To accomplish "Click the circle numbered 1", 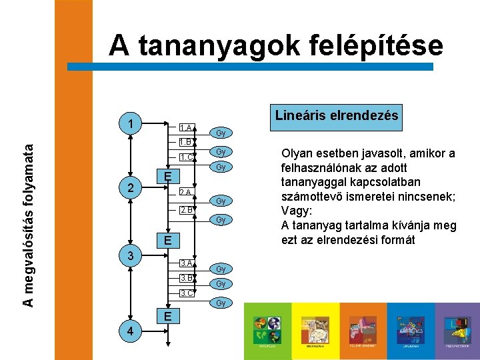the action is (132, 124).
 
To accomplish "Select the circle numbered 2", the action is (132, 187).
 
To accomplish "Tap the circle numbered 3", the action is (132, 256).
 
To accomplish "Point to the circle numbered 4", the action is (132, 331).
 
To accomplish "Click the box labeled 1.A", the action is (187, 127).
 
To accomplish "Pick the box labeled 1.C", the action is (187, 157).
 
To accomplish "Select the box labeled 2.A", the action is (187, 193).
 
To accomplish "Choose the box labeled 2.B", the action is (187, 210).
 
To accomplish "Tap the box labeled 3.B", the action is (187, 278).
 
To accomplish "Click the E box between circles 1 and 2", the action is (168, 176).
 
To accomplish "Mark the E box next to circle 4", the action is (168, 315).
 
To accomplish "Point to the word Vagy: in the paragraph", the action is (297, 211).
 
